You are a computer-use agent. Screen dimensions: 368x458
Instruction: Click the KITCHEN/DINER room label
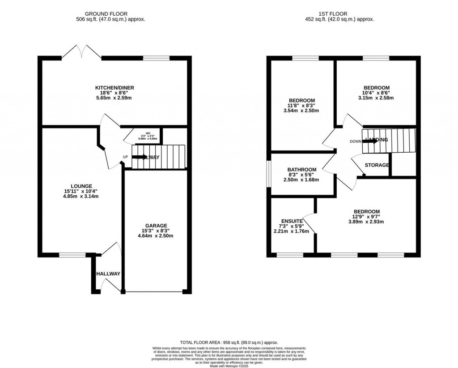[114, 87]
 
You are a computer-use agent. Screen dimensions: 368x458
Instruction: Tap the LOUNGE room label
[81, 186]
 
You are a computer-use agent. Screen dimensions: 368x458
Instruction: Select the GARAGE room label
[156, 225]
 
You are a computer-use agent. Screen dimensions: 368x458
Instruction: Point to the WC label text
[142, 133]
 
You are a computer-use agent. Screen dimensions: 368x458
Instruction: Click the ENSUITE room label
[292, 221]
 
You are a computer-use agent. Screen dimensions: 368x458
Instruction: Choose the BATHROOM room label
[302, 170]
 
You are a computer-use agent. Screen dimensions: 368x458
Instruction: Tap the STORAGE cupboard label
[377, 165]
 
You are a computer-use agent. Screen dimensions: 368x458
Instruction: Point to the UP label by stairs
[126, 157]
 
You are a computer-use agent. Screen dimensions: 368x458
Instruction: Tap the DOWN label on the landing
[356, 141]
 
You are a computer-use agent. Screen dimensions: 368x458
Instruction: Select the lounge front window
[73, 255]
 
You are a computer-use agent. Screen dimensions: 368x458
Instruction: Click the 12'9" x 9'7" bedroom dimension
[366, 217]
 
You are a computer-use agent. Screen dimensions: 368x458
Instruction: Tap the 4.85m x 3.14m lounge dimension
[81, 196]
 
